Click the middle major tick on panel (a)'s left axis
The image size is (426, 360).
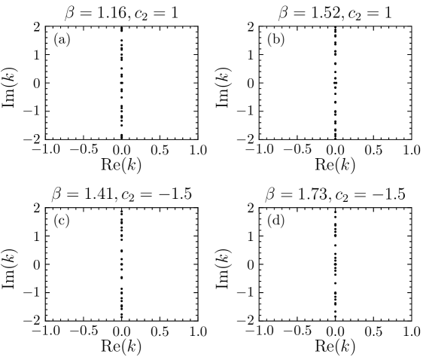pyautogui.click(x=47, y=83)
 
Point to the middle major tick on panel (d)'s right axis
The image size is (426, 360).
pyautogui.click(x=409, y=264)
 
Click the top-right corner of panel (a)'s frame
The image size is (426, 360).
pyautogui.click(x=197, y=27)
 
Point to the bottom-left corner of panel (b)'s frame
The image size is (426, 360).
pyautogui.click(x=260, y=139)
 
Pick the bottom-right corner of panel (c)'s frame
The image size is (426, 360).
pyautogui.click(x=197, y=319)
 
